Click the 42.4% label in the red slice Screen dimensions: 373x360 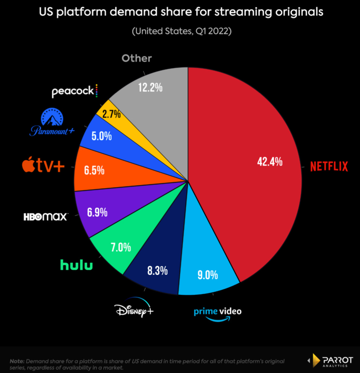pyautogui.click(x=270, y=162)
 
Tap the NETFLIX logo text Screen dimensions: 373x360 pyautogui.click(x=329, y=166)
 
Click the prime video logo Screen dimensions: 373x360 pyautogui.click(x=218, y=314)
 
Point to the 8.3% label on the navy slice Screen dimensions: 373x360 pyautogui.click(x=157, y=270)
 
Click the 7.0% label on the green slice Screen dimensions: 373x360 pyautogui.click(x=121, y=247)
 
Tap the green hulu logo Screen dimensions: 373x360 pyautogui.click(x=77, y=265)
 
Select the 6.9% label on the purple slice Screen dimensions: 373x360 pyautogui.click(x=97, y=212)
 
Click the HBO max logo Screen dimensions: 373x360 pyautogui.click(x=46, y=217)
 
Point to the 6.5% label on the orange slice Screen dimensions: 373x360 pyautogui.click(x=94, y=170)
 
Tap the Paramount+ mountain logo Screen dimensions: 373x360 pyautogui.click(x=52, y=121)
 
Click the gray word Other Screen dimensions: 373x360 pyautogui.click(x=136, y=58)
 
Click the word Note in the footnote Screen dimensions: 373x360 pyautogui.click(x=17, y=361)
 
